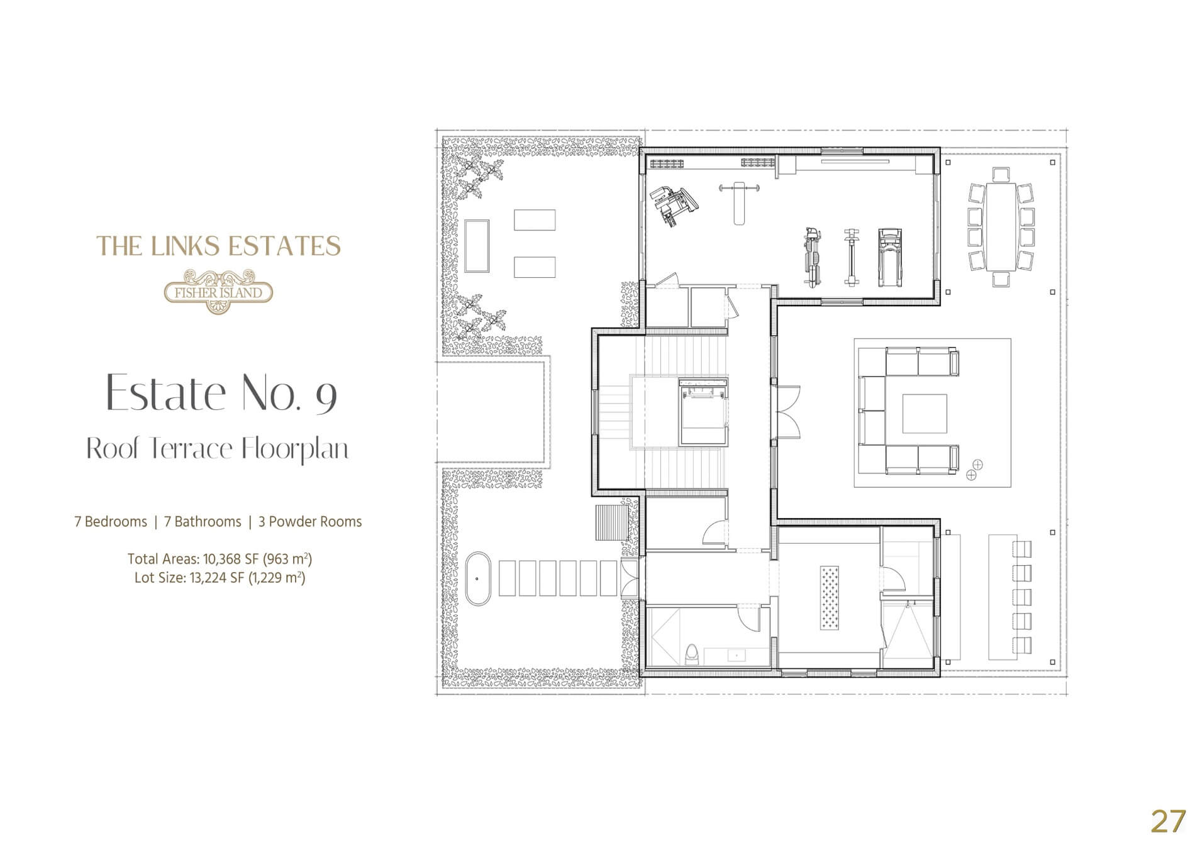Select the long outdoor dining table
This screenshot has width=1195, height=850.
coord(1001,226)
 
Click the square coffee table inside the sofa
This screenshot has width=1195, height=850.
coord(925,414)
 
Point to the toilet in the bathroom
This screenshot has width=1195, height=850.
coord(691,654)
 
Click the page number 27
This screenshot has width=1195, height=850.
coord(1168,821)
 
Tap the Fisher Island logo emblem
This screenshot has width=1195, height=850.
coord(218,291)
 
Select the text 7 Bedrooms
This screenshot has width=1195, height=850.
coord(111,522)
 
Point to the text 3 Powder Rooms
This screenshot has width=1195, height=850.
coord(310,522)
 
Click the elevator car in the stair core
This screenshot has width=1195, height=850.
coord(703,412)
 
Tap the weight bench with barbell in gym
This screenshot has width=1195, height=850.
coord(740,202)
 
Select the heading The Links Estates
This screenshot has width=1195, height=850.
coord(218,246)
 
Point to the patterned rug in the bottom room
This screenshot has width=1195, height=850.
coord(829,597)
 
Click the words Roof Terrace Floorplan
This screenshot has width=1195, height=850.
coord(218,448)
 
